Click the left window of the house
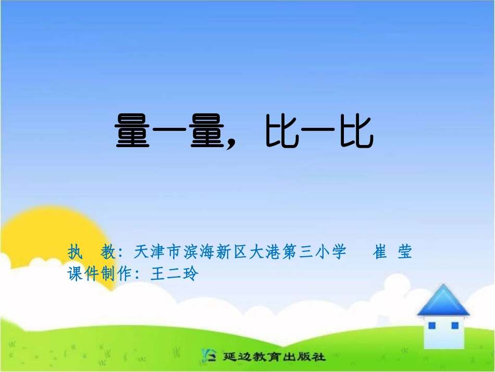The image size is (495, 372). (x=431, y=326)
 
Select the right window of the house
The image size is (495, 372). (x=454, y=326)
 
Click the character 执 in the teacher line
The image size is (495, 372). (x=76, y=253)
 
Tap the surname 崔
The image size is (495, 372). (x=380, y=253)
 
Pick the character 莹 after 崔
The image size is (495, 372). (x=404, y=253)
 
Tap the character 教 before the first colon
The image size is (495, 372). (x=108, y=253)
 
